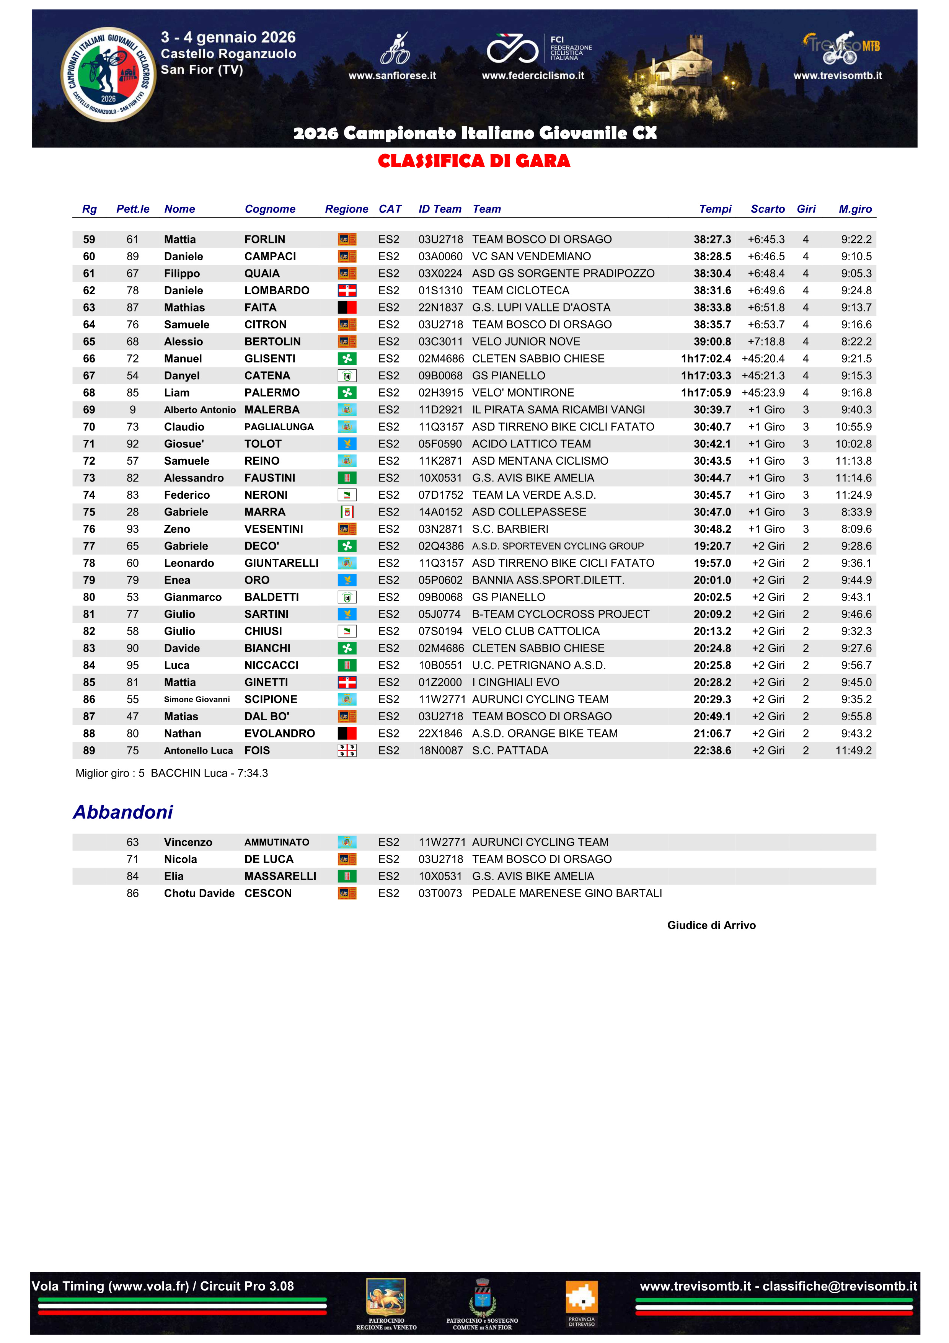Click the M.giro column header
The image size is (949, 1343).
855,209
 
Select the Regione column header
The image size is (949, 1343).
346,209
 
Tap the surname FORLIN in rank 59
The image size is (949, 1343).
265,239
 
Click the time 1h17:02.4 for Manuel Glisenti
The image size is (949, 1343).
706,359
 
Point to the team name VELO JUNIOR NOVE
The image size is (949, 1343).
526,342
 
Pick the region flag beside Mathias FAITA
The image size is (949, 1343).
347,308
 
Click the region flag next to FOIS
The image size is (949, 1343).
347,751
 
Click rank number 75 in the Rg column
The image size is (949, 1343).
89,512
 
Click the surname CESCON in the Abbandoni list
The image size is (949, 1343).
268,893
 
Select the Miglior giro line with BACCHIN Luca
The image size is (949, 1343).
172,773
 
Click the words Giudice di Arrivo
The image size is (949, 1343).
711,925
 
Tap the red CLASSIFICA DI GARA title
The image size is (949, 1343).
474,161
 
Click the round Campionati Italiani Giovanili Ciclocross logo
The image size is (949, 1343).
109,75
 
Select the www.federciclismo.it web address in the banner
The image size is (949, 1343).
533,75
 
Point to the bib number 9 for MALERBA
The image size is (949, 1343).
133,410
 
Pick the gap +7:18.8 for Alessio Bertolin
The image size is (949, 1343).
766,342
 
